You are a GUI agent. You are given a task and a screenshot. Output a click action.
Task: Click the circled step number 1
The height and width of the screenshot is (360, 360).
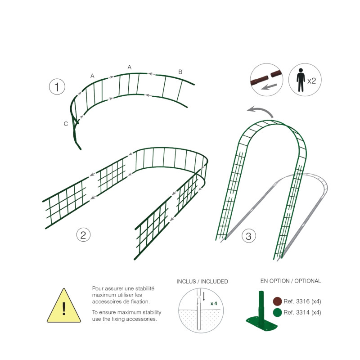pyautogui.click(x=57, y=86)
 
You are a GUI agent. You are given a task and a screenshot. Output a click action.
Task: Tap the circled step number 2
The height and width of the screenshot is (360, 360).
pyautogui.click(x=83, y=234)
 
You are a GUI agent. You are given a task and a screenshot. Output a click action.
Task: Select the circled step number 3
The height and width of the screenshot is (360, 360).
pyautogui.click(x=249, y=236)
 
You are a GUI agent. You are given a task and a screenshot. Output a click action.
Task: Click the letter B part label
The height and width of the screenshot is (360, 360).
pyautogui.click(x=180, y=72)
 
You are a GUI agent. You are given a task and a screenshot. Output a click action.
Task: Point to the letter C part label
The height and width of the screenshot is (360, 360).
pyautogui.click(x=66, y=124)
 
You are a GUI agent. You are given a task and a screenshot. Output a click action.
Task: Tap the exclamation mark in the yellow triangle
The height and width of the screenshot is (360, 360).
pyautogui.click(x=64, y=308)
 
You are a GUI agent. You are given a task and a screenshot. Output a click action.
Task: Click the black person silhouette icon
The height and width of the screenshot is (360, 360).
pyautogui.click(x=301, y=80)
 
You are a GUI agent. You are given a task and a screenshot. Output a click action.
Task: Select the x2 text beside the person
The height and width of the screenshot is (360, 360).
pyautogui.click(x=311, y=81)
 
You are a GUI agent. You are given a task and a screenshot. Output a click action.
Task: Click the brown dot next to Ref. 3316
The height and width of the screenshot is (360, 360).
pyautogui.click(x=277, y=301)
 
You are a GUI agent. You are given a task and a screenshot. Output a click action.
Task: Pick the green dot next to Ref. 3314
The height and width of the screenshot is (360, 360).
pyautogui.click(x=277, y=312)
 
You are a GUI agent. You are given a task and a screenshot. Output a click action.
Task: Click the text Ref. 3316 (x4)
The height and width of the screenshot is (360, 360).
pyautogui.click(x=302, y=301)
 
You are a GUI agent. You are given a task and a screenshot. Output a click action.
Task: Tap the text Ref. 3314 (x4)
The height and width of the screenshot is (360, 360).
pyautogui.click(x=302, y=312)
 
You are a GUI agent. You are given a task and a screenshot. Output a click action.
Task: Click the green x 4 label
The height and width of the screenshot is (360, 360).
pyautogui.click(x=214, y=303)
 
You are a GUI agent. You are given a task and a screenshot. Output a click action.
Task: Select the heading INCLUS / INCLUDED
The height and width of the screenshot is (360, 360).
pyautogui.click(x=202, y=282)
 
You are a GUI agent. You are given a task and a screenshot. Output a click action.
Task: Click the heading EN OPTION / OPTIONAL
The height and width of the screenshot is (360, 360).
pyautogui.click(x=291, y=281)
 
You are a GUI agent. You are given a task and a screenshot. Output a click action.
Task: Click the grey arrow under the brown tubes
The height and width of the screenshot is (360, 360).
pyautogui.click(x=269, y=87)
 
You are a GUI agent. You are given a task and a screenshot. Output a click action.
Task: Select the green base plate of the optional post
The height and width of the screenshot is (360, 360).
pyautogui.click(x=261, y=323)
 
